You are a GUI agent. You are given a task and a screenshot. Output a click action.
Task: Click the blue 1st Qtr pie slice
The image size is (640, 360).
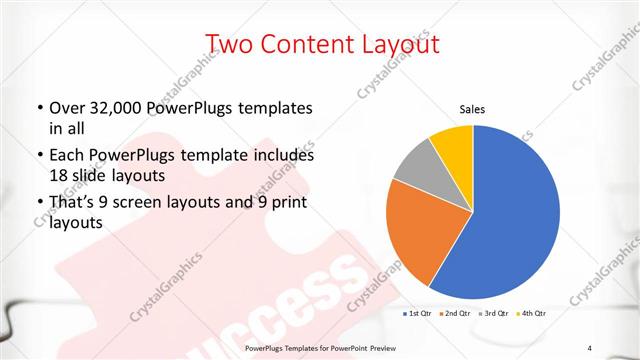point(510,220)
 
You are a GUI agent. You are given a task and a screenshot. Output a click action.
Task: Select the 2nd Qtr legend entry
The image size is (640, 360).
point(455,314)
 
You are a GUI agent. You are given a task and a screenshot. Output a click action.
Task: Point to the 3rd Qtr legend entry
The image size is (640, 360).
point(494,314)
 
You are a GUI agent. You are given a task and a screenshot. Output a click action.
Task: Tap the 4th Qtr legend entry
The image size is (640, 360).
point(532,314)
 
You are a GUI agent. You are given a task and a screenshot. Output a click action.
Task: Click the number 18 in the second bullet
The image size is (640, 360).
point(58,175)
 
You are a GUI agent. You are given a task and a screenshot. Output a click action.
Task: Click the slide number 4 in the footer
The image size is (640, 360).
point(590,347)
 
